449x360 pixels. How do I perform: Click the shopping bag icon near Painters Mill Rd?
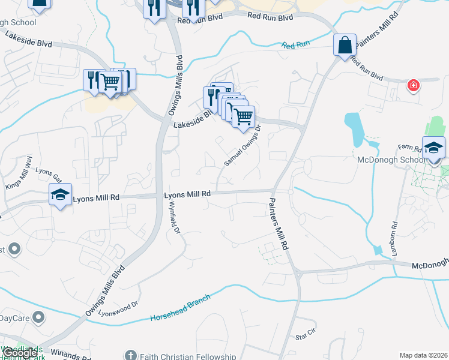(x=345, y=45)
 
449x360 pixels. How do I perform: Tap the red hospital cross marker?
(x=413, y=86)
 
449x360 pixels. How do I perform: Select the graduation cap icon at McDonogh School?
(x=433, y=148)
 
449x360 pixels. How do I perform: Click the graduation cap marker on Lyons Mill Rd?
(x=60, y=194)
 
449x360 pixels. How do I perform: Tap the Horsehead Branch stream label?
(x=181, y=308)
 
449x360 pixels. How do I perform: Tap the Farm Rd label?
(x=410, y=147)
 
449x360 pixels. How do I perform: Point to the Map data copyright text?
(x=423, y=355)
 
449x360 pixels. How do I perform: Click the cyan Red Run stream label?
(x=296, y=45)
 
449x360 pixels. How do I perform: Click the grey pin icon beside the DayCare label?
(x=39, y=316)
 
